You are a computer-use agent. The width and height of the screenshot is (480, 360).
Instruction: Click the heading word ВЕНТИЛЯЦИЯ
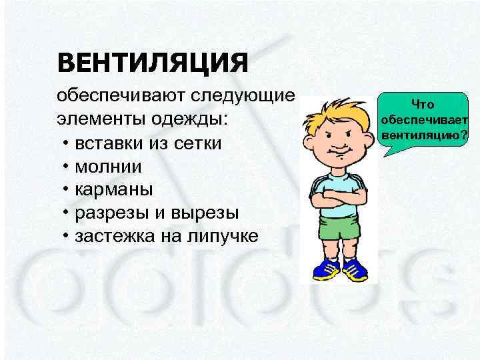[x=153, y=64]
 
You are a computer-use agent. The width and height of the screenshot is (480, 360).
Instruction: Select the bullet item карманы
[x=114, y=190]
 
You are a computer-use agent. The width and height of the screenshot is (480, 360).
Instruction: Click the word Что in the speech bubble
[x=423, y=104]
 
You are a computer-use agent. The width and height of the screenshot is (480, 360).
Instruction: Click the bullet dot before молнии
[x=67, y=167]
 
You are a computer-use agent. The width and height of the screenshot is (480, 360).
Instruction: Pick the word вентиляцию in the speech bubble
[x=418, y=136]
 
